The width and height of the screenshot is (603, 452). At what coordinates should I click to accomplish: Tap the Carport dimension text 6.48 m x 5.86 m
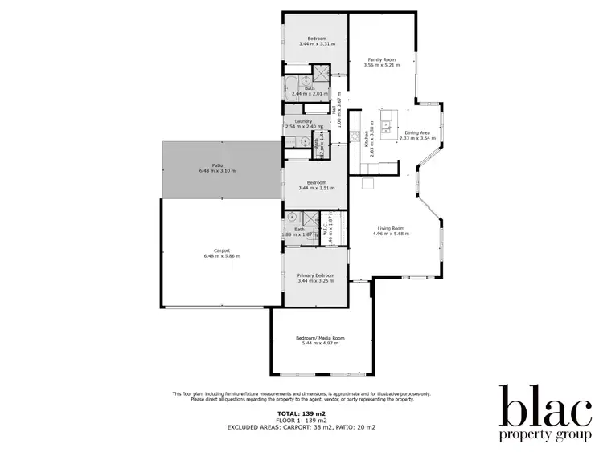point(222,256)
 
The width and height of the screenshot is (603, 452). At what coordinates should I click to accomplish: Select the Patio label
point(216,165)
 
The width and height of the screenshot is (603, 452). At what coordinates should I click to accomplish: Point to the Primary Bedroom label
point(315,275)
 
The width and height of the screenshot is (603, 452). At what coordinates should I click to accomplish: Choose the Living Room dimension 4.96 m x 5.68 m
point(392,234)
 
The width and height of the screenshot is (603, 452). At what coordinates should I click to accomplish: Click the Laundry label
point(303,121)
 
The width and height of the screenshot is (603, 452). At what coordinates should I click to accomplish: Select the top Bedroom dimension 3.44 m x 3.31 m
point(315,43)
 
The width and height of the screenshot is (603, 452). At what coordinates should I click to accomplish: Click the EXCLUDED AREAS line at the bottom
point(301,426)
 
